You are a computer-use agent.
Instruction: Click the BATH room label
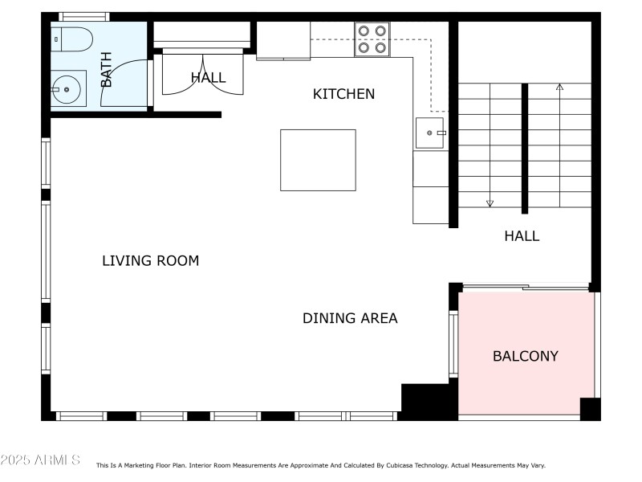106,70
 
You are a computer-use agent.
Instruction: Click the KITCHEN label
343,94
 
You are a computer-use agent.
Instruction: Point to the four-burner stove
372,39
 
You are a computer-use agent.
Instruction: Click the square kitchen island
318,160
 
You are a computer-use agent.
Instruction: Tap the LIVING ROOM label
150,261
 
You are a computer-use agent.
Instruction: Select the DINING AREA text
350,318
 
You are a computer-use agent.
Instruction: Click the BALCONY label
525,356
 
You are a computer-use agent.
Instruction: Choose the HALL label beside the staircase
522,236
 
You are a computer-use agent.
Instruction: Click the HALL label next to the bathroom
208,78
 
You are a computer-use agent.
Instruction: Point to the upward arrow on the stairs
559,87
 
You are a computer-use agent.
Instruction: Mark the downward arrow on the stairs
490,202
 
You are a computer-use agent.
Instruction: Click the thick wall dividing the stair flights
525,149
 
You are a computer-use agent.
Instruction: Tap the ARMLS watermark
40,460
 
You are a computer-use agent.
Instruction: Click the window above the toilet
84,16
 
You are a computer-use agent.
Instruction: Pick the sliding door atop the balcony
526,287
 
